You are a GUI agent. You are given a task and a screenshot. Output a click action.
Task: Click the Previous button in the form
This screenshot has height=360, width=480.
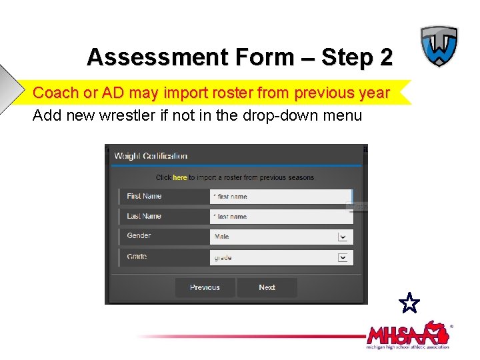tap(205, 287)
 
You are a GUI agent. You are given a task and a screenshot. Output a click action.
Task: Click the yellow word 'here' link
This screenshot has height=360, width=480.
tap(180, 177)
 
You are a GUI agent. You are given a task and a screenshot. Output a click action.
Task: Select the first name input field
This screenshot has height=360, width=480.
tap(280, 197)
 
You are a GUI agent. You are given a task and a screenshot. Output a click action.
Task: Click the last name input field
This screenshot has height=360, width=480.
tap(280, 217)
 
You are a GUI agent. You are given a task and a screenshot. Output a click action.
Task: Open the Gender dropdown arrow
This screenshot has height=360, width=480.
tap(343, 237)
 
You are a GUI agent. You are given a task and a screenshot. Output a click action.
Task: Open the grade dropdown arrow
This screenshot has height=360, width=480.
tap(343, 257)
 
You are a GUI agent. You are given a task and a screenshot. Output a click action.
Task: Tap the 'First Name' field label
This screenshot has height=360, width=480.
tap(144, 196)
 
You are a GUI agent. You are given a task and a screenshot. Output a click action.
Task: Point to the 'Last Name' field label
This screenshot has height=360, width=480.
tap(144, 216)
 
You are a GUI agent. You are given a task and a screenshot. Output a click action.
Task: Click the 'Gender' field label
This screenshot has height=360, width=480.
tap(139, 235)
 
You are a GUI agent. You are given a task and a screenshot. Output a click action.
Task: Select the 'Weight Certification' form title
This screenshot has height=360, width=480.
tap(151, 156)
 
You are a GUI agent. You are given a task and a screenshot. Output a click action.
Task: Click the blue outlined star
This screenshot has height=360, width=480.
tap(410, 304)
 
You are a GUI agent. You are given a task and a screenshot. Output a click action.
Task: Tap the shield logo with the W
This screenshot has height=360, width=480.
tap(439, 46)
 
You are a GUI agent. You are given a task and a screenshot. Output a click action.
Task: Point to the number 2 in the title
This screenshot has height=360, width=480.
tap(386, 57)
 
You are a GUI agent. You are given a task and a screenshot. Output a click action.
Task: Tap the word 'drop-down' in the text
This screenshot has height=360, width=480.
tap(287, 115)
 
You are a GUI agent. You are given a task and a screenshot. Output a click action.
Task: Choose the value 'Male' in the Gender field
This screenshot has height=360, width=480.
tap(222, 237)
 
